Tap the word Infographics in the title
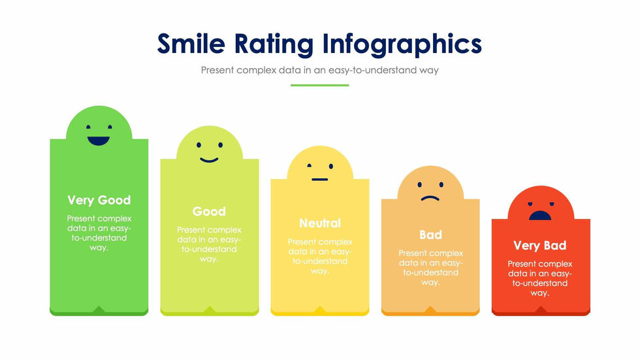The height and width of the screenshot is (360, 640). (x=402, y=44)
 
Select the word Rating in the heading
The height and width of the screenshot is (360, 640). (x=281, y=44)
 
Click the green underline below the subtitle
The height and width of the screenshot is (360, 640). (x=319, y=85)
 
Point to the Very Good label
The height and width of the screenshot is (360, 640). (x=99, y=200)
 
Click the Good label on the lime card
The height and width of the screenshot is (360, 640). (x=209, y=211)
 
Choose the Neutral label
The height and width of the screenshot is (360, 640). (x=320, y=223)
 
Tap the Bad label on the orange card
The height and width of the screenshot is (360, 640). (x=430, y=235)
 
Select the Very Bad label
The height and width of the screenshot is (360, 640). (x=539, y=246)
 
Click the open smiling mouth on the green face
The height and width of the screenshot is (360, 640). (x=99, y=140)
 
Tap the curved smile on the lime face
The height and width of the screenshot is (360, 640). (x=209, y=159)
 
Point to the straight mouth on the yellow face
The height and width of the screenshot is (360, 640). (x=319, y=179)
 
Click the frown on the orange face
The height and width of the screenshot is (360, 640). (x=430, y=198)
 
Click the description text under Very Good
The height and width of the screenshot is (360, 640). (x=99, y=233)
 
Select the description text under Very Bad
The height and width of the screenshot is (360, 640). (x=539, y=278)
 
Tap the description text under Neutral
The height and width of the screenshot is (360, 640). (x=320, y=256)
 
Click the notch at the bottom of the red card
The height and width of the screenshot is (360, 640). (x=541, y=310)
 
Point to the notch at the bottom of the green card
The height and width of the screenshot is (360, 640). (x=99, y=309)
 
